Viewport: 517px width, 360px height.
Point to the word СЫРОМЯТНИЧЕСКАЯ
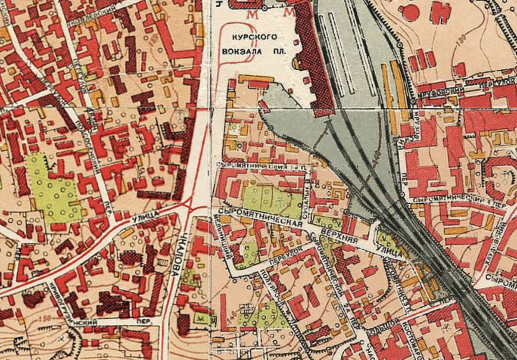[x=258, y=217]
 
